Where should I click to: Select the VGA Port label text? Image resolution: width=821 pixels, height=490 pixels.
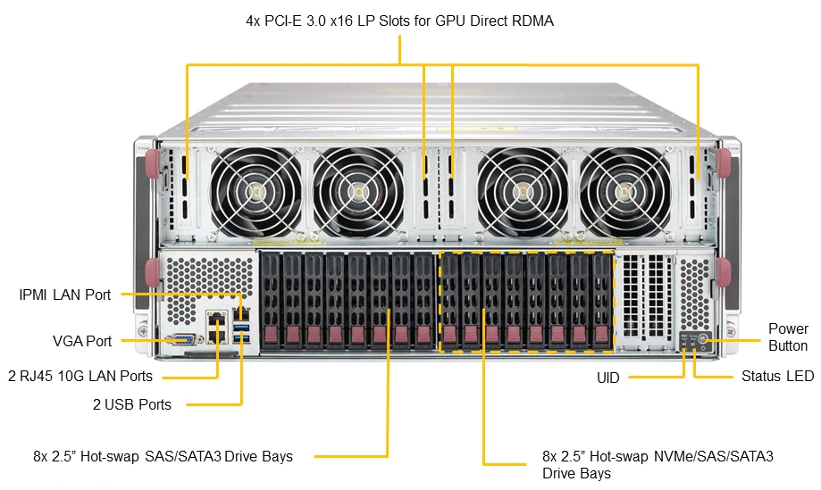82,341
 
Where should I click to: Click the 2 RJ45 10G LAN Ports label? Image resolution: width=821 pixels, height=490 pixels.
80,376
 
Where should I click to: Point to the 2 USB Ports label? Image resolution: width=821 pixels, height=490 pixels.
131,404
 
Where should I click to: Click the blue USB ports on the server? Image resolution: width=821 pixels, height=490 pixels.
240,334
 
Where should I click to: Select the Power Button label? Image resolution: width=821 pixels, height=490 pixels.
787,337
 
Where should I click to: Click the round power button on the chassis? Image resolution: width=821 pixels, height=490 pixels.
703,338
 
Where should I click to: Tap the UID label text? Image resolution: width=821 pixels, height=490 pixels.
608,378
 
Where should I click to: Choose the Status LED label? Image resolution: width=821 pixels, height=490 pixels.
777,377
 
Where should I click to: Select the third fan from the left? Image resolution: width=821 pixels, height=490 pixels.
524,190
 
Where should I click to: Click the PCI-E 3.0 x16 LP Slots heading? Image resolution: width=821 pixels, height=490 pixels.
399,21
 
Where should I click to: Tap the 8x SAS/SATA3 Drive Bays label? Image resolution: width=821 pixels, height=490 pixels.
163,456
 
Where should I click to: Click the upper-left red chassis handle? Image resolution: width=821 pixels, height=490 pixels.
152,163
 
